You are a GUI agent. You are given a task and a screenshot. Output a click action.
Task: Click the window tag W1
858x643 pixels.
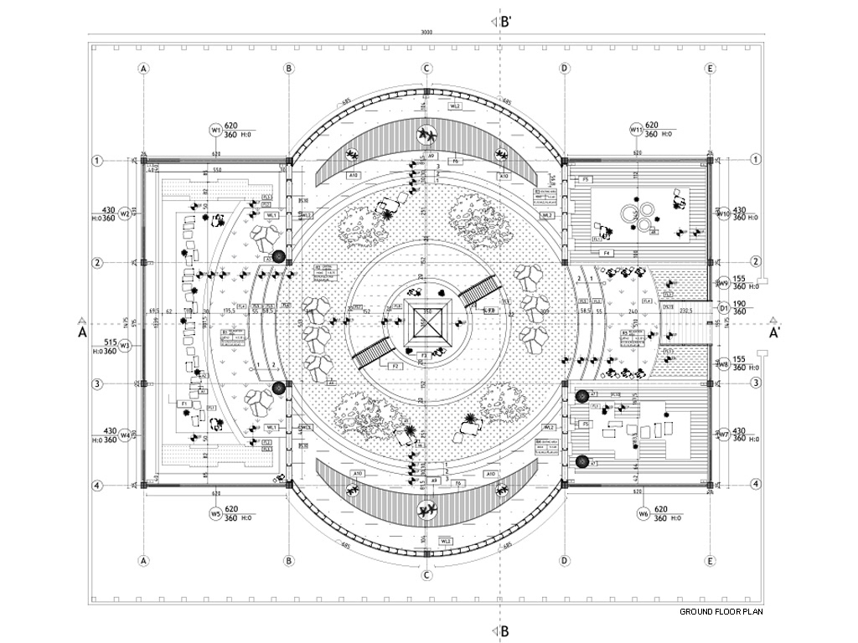(x=215, y=131)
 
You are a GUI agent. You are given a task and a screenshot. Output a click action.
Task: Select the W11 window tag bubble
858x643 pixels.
(x=636, y=130)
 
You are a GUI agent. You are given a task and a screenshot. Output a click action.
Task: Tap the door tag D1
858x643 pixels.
(x=723, y=307)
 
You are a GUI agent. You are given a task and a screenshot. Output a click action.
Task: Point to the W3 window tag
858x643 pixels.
(x=124, y=345)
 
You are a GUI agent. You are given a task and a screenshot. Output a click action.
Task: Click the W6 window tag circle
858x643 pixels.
(x=643, y=513)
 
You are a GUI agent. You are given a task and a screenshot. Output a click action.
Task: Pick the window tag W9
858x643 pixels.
(x=723, y=283)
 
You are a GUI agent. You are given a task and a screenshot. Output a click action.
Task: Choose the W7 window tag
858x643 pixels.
(x=723, y=435)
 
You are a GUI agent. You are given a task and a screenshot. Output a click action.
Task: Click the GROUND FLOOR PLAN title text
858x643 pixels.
(x=721, y=612)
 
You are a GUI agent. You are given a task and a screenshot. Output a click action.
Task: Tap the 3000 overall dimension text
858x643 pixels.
(x=426, y=33)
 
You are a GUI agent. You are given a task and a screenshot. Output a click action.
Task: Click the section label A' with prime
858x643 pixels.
(x=776, y=332)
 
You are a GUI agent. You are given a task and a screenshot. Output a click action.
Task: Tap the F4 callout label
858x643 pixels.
(x=607, y=252)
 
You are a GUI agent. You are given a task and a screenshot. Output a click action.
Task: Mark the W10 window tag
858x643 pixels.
(x=723, y=213)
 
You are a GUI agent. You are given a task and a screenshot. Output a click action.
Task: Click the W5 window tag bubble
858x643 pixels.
(x=215, y=513)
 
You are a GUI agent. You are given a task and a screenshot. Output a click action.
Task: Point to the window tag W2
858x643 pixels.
(x=124, y=213)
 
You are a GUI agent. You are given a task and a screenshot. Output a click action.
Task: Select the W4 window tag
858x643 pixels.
(x=124, y=435)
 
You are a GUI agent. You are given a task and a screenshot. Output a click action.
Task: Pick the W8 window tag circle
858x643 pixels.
(x=723, y=364)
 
